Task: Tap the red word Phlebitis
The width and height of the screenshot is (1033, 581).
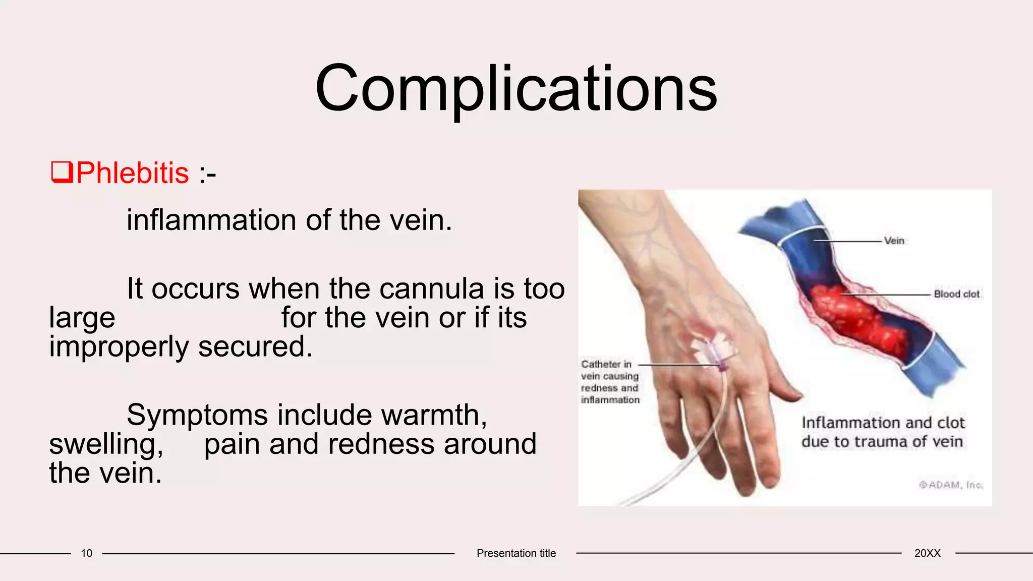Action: (x=133, y=173)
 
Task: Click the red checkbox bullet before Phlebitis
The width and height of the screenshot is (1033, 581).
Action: (x=62, y=172)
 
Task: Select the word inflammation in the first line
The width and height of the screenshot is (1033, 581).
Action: (x=211, y=220)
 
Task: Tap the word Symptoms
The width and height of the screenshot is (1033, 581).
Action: (x=197, y=415)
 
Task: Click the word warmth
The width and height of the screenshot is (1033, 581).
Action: (x=434, y=415)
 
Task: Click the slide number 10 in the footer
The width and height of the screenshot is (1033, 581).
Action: (x=86, y=553)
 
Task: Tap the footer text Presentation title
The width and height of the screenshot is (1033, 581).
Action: (x=516, y=553)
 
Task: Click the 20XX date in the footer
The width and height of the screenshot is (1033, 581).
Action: (x=927, y=553)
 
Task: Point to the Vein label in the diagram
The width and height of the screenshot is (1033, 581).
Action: (x=894, y=241)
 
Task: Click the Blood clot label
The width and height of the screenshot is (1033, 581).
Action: (x=956, y=294)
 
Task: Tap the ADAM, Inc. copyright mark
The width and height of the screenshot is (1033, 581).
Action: (x=951, y=485)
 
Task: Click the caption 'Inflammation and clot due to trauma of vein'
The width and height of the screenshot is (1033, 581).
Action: (x=883, y=432)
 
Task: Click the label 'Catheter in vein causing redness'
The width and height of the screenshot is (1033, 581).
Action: (x=610, y=382)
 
